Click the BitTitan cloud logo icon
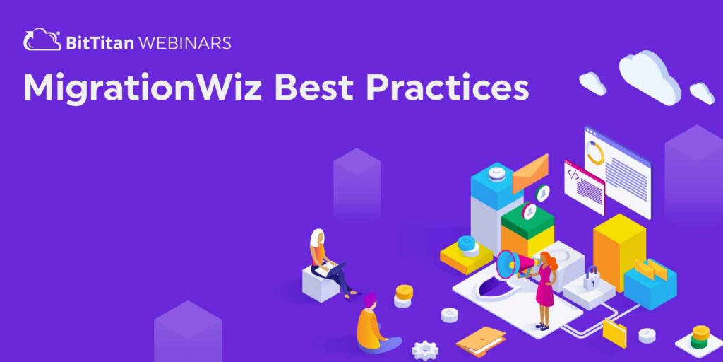pyautogui.click(x=42, y=40)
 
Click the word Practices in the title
pyautogui.click(x=451, y=88)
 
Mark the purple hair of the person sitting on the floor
pyautogui.click(x=369, y=300)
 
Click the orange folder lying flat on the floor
pyautogui.click(x=480, y=340)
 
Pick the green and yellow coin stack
pyautogui.click(x=700, y=337)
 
